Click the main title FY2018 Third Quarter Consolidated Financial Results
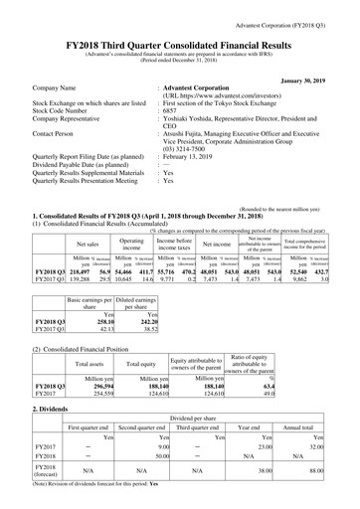179,31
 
